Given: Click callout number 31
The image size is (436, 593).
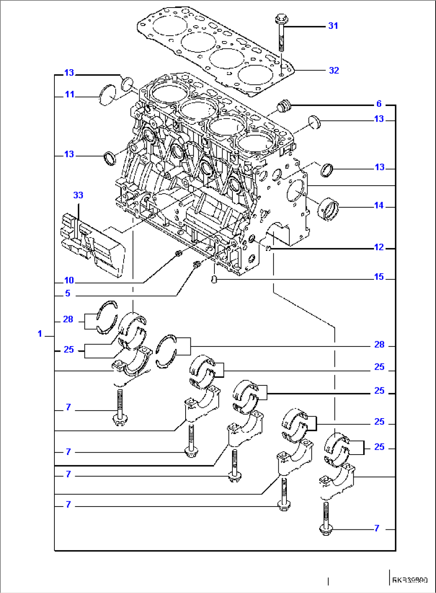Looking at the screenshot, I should [x=333, y=26].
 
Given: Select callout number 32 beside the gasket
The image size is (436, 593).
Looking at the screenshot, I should [x=334, y=70].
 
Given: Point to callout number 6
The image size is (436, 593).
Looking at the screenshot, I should [x=379, y=104].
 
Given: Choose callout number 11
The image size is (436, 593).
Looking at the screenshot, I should [x=70, y=95].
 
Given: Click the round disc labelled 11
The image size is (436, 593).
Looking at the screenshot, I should [x=107, y=95].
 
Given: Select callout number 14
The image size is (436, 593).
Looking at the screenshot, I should [x=378, y=206].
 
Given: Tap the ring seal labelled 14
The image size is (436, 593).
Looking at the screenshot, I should [x=328, y=209].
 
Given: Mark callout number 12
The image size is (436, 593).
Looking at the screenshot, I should [x=378, y=247].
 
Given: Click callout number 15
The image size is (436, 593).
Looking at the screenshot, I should [x=378, y=277].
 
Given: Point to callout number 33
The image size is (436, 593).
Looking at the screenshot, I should [x=78, y=195].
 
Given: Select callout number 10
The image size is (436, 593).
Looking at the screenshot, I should [x=69, y=280].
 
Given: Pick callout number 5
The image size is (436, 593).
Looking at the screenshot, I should [x=68, y=293].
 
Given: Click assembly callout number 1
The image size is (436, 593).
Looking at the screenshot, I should [x=40, y=334].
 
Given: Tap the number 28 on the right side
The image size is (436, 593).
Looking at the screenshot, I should [x=379, y=345].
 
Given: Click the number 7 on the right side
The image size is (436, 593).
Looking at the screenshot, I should [x=376, y=528].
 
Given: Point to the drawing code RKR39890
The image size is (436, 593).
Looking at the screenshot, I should [x=410, y=580].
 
